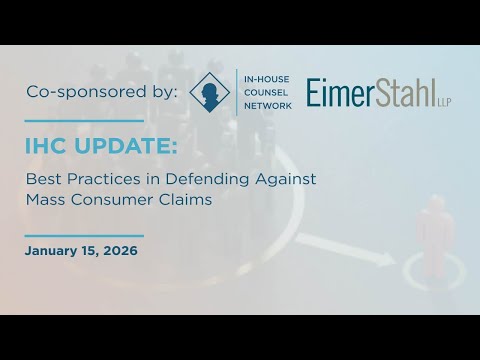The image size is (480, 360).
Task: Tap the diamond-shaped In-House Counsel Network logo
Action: [x=209, y=92]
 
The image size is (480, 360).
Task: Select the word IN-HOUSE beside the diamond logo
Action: [x=264, y=76]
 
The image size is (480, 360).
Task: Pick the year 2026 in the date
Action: [x=120, y=250]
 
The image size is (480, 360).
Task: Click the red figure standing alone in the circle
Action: [x=435, y=228]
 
